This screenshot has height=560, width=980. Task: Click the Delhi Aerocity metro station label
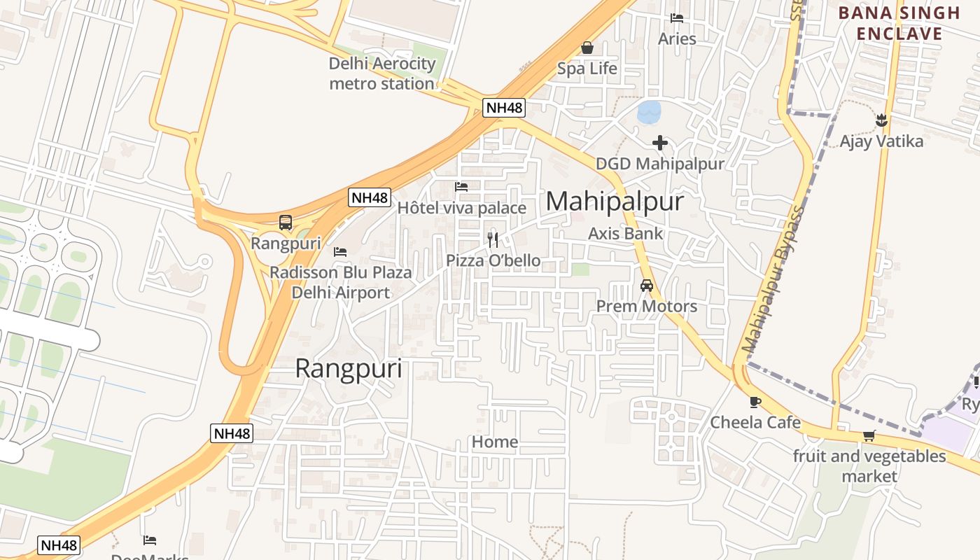(382, 73)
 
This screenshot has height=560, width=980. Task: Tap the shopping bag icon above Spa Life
(587, 48)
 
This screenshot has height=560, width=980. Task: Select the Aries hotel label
(677, 38)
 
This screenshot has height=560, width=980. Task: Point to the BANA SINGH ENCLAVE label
(899, 23)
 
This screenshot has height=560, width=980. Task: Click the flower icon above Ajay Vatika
(881, 120)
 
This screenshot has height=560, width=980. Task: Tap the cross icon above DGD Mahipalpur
(659, 143)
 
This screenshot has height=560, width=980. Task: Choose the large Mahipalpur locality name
(614, 202)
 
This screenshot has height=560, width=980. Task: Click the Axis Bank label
(625, 233)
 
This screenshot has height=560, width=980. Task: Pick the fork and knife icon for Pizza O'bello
(493, 240)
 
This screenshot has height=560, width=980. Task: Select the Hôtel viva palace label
(461, 208)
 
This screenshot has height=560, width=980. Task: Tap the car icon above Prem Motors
(646, 286)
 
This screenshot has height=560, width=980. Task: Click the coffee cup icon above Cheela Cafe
(755, 402)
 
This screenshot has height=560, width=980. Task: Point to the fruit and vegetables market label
(869, 465)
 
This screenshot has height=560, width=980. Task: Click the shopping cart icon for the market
(869, 436)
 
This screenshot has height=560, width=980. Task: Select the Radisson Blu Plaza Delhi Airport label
(341, 282)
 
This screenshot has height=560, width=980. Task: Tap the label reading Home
(495, 442)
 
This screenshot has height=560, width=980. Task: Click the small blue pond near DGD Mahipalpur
(649, 111)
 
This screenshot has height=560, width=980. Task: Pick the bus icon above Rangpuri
(286, 223)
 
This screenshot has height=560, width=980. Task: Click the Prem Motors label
(646, 306)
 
